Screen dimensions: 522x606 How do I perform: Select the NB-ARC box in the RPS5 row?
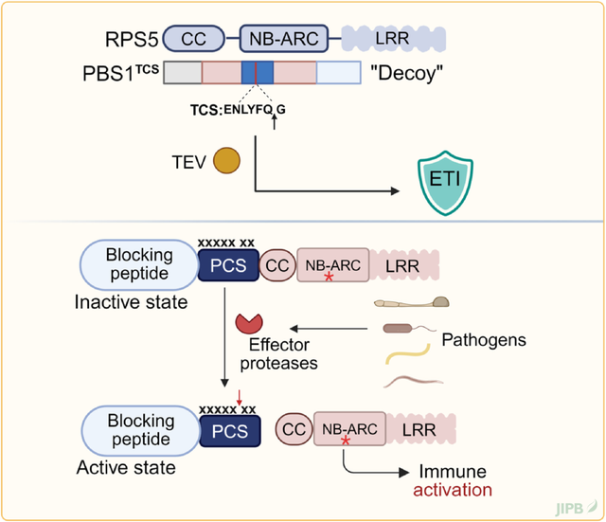tap(285, 38)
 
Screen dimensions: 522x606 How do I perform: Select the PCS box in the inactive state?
tap(227, 265)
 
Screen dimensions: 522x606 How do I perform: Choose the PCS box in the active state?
tap(227, 432)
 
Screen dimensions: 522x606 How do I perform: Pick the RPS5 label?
tap(131, 39)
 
